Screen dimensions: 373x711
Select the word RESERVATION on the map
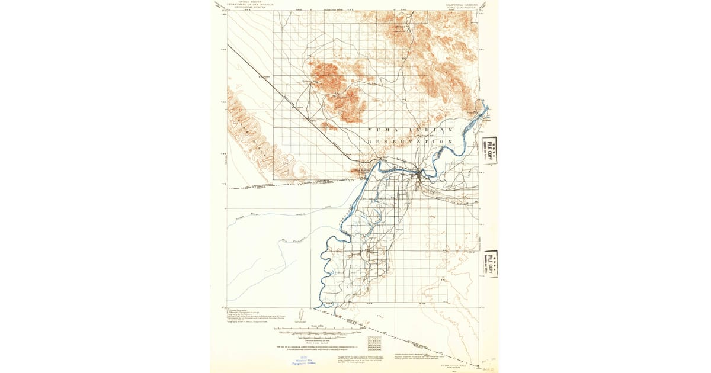click(411, 142)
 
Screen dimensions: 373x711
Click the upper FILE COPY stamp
click(489, 150)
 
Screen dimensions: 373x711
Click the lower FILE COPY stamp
click(489, 263)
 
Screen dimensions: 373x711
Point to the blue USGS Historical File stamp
click(303, 362)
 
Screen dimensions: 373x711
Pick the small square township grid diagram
click(374, 343)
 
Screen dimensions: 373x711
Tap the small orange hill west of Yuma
click(359, 172)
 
